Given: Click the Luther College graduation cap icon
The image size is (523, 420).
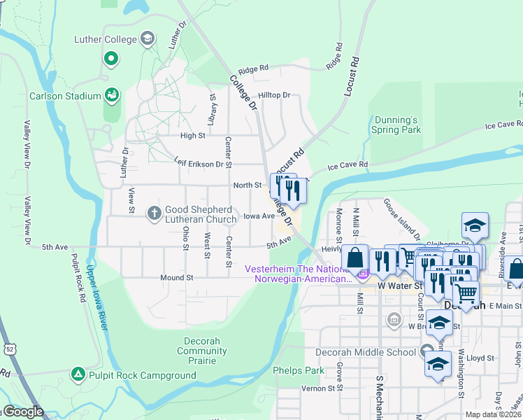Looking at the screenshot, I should [x=148, y=38].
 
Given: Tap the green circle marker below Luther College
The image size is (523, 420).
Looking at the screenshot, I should [x=110, y=59].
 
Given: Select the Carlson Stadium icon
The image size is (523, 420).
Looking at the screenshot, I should [x=111, y=94].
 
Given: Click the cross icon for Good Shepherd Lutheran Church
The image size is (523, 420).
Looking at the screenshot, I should [x=155, y=212].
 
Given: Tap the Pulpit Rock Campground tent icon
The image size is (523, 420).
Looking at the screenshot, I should [x=78, y=375].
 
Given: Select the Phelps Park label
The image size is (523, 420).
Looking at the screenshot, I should [x=299, y=370].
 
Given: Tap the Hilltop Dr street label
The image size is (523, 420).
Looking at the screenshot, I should [x=273, y=95].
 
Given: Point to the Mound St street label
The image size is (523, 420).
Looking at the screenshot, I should [x=176, y=278].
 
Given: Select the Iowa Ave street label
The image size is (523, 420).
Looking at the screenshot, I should [x=259, y=216].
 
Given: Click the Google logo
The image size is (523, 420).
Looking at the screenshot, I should [x=22, y=412].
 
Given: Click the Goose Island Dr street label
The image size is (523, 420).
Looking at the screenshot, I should [x=401, y=218].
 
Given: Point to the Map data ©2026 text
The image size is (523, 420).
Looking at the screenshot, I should [x=492, y=414].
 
